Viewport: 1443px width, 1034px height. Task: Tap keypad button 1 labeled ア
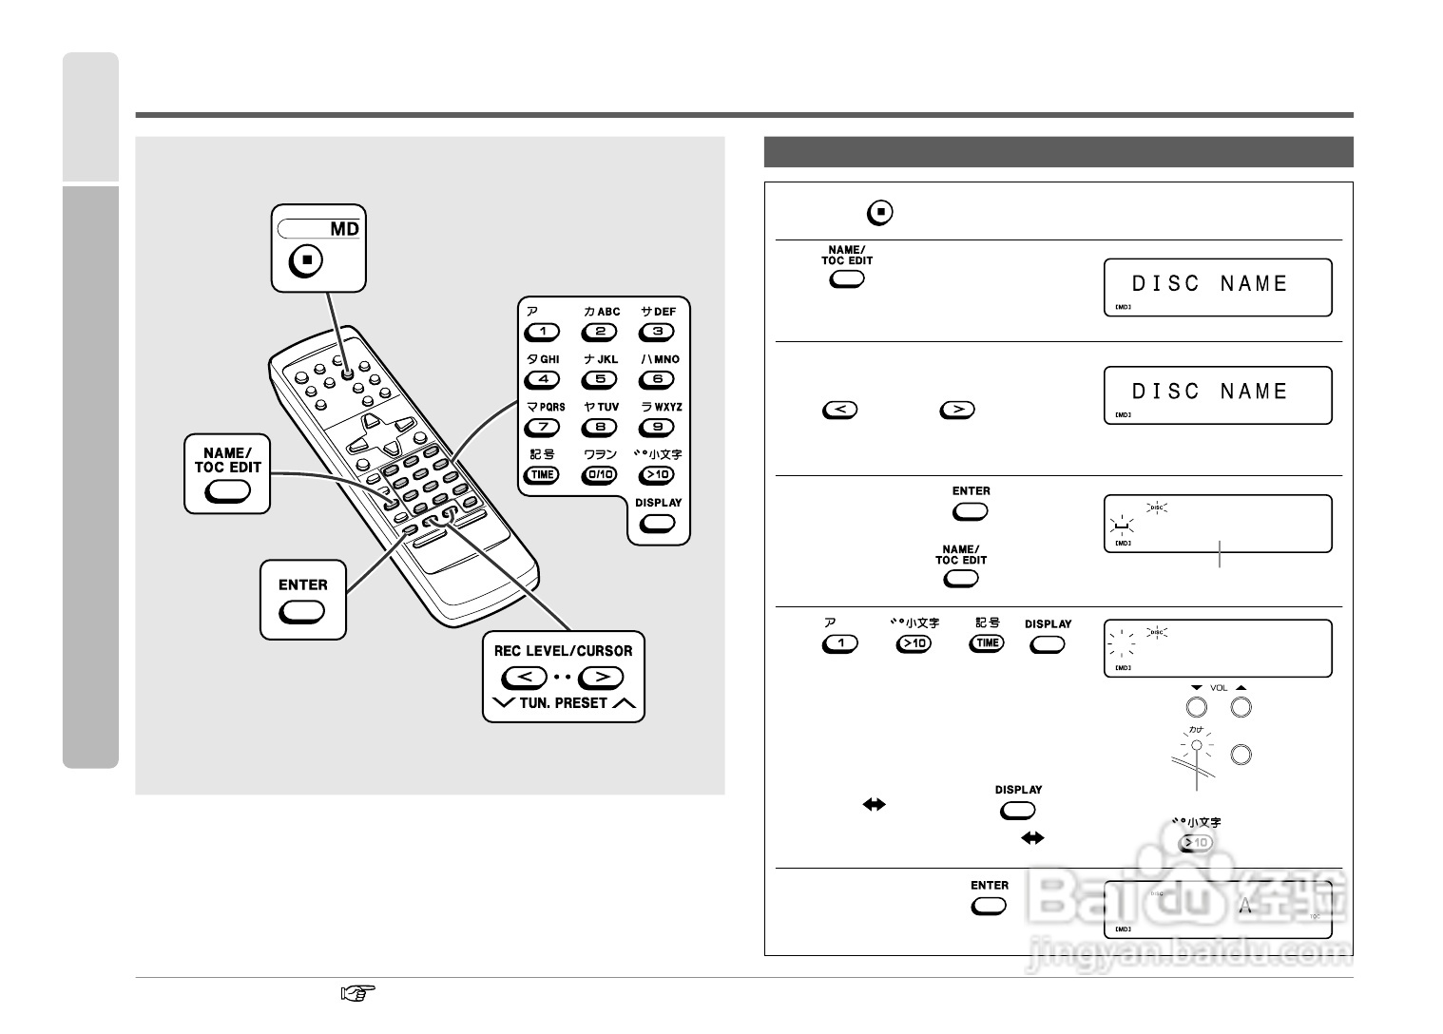pyautogui.click(x=542, y=332)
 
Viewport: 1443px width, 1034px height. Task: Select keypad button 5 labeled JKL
pyautogui.click(x=600, y=379)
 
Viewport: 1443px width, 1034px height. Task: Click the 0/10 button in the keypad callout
pyautogui.click(x=600, y=474)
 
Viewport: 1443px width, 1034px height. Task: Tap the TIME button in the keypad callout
pyautogui.click(x=542, y=474)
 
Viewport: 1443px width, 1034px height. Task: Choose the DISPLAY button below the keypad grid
pyautogui.click(x=658, y=523)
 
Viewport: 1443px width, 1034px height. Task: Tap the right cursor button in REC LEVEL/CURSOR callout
pyautogui.click(x=601, y=678)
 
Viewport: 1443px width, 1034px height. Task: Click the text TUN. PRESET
pyautogui.click(x=564, y=703)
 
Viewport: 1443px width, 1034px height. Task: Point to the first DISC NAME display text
pyautogui.click(x=1209, y=283)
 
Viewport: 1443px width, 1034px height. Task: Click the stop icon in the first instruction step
pyautogui.click(x=880, y=212)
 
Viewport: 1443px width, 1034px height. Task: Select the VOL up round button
pyautogui.click(x=1241, y=707)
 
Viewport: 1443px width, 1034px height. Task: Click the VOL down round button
pyautogui.click(x=1197, y=707)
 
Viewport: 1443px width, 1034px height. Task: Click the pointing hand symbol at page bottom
pyautogui.click(x=357, y=994)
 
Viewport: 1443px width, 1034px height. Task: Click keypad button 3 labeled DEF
pyautogui.click(x=658, y=332)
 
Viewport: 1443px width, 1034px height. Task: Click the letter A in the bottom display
pyautogui.click(x=1245, y=906)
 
